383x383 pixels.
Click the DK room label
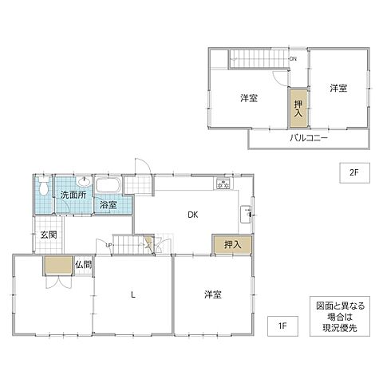pos(193,214)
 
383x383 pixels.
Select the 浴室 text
pos(109,205)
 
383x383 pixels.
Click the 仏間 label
pos(84,264)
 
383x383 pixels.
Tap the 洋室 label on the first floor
pos(211,294)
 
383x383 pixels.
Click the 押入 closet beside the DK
pos(232,244)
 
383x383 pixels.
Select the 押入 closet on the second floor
pos(298,109)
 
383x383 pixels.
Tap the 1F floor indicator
pos(282,325)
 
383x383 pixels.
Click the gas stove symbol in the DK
pos(223,184)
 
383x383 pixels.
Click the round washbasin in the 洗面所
pos(84,180)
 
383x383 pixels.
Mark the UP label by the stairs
pos(109,245)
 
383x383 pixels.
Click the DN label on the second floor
pos(293,59)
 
